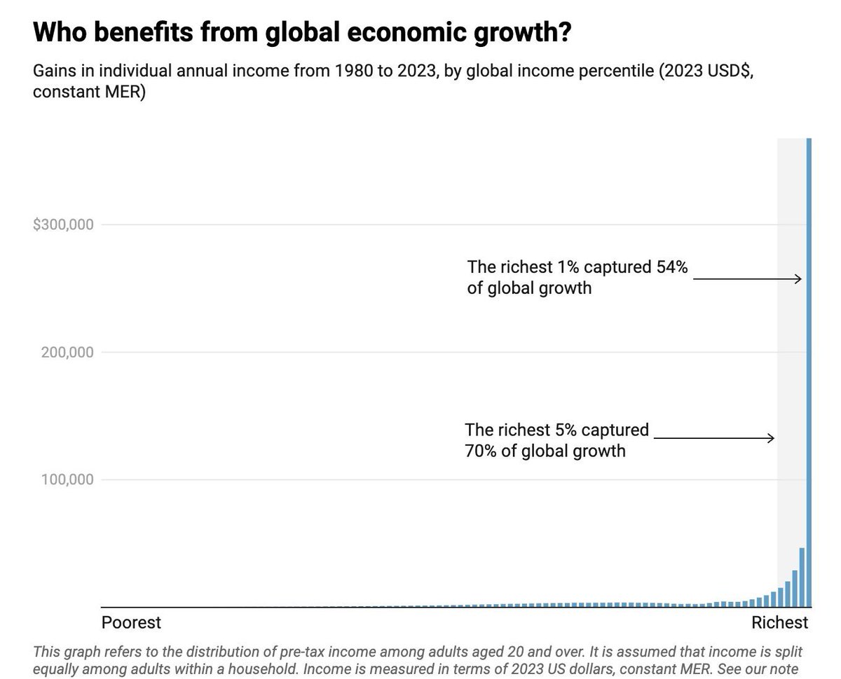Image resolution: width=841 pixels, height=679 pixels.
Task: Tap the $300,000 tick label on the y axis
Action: point(63,225)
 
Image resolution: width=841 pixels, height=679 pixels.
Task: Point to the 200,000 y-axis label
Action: point(64,352)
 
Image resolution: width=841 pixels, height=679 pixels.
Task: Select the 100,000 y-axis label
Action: point(64,480)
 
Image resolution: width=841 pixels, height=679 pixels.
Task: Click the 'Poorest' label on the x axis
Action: point(131,622)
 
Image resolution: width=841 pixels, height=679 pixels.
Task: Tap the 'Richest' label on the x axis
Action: point(779,622)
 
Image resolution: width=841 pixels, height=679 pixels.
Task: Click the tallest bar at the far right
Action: point(809,371)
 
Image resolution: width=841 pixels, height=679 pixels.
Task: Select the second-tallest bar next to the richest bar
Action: point(802,577)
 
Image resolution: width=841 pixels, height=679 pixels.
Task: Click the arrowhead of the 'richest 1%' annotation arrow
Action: point(799,279)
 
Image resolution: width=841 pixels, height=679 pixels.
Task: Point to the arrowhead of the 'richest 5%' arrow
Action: point(772,438)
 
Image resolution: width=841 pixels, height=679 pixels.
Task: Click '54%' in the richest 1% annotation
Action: point(672,267)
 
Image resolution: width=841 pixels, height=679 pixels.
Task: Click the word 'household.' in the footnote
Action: point(265,668)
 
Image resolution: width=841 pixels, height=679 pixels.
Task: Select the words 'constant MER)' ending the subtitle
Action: point(89,92)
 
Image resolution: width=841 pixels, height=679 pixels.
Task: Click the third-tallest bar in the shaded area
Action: point(795,589)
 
